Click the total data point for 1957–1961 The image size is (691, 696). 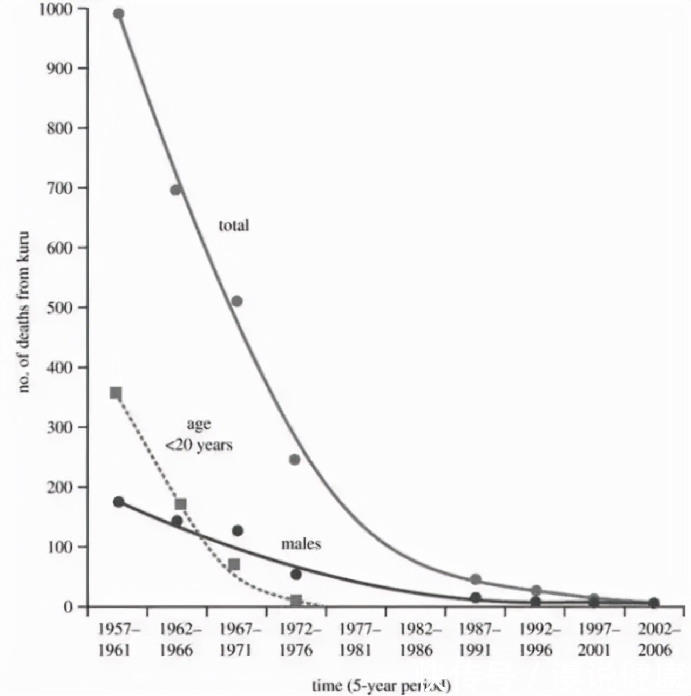click(x=119, y=14)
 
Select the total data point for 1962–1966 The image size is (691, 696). click(x=176, y=189)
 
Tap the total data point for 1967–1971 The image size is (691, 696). click(x=236, y=301)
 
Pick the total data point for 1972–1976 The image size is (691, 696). click(x=294, y=460)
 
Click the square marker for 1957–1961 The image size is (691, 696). click(x=116, y=393)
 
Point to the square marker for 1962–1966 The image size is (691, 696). click(x=181, y=504)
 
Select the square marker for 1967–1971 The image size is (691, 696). click(x=234, y=565)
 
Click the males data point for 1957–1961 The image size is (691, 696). click(x=119, y=502)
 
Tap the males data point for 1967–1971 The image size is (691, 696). click(x=238, y=531)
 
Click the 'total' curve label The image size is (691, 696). click(x=234, y=225)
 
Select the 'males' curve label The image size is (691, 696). click(x=301, y=544)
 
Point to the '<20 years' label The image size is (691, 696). click(x=199, y=446)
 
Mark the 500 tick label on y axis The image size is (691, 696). click(x=59, y=308)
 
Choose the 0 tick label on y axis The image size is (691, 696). click(x=68, y=607)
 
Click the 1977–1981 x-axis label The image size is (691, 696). click(x=356, y=639)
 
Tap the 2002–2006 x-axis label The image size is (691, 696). click(x=655, y=639)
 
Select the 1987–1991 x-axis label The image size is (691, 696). click(x=476, y=639)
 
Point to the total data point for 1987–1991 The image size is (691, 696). click(x=476, y=579)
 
